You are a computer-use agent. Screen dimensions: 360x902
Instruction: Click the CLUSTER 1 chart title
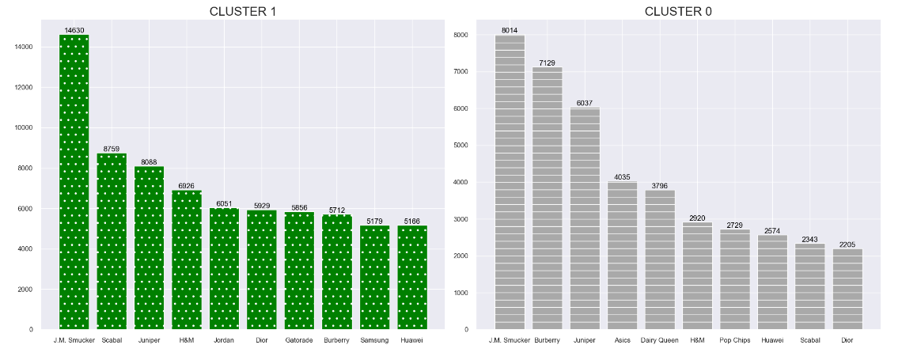(242, 11)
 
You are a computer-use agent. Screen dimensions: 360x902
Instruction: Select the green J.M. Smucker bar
(74, 182)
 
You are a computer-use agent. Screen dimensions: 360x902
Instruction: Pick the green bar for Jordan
(224, 269)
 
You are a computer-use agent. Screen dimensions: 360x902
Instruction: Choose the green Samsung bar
(374, 278)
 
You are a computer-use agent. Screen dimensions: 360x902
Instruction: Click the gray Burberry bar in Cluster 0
(547, 198)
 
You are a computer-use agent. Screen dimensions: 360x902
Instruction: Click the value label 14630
(74, 31)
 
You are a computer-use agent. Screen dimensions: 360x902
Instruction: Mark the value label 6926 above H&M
(187, 186)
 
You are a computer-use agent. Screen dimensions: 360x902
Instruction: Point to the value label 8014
(510, 31)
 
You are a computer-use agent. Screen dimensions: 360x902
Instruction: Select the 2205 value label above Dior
(847, 244)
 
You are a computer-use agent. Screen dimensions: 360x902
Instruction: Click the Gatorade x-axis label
(299, 340)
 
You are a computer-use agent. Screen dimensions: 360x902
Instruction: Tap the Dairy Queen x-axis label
(660, 340)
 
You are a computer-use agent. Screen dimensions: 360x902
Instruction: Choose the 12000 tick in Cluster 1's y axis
(23, 87)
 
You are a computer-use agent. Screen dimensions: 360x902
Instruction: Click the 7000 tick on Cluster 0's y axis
(460, 72)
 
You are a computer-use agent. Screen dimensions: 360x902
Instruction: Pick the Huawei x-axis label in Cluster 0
(772, 340)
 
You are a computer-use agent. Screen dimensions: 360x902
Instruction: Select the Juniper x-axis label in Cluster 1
(149, 340)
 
